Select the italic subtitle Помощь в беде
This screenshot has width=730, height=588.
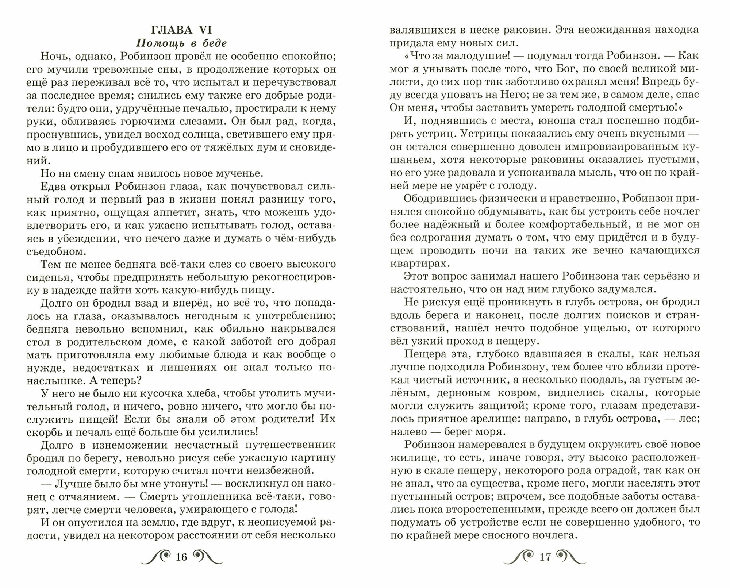[181, 43]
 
